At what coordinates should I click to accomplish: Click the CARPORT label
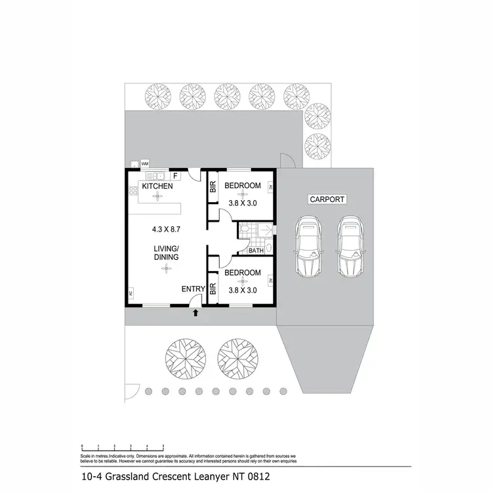(326, 199)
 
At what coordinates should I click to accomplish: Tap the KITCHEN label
(157, 186)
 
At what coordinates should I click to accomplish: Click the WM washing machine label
(145, 163)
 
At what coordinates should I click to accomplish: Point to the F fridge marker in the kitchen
(175, 176)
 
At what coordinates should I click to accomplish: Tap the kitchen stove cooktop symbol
(132, 191)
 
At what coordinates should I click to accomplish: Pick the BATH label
(256, 251)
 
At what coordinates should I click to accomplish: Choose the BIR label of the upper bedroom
(213, 186)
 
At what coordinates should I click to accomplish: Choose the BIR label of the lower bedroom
(213, 288)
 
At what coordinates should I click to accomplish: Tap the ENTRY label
(193, 289)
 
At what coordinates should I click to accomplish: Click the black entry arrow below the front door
(196, 313)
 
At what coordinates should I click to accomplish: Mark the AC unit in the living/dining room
(131, 293)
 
